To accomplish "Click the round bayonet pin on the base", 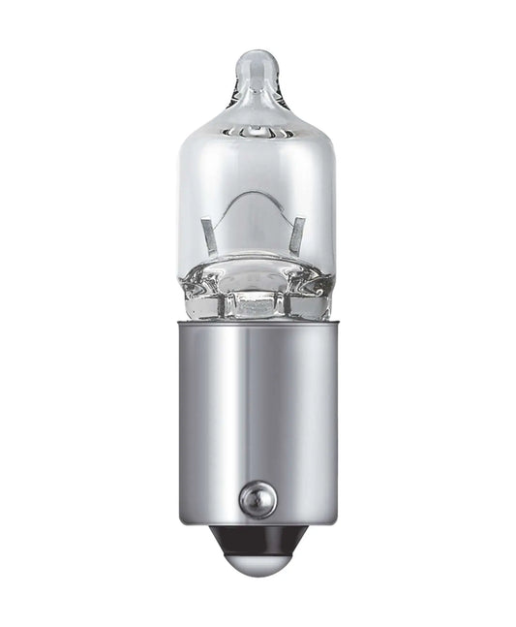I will [257, 500].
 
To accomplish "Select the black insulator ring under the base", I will [257, 535].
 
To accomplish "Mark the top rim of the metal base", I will [257, 323].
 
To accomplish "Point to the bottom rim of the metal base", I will [257, 521].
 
